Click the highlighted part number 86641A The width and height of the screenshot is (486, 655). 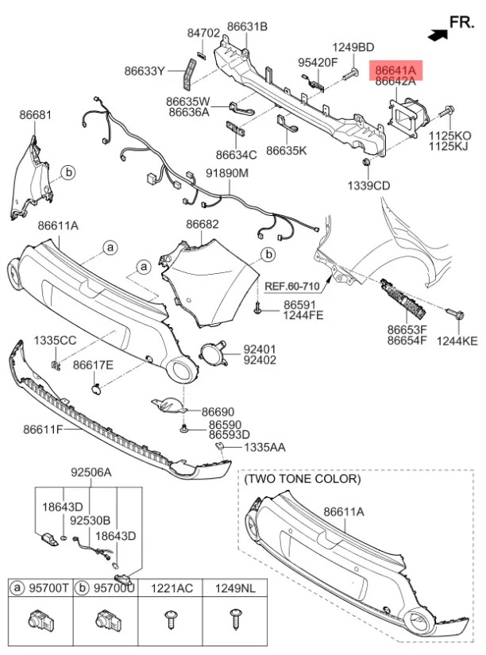395,70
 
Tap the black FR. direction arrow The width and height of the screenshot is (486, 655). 438,35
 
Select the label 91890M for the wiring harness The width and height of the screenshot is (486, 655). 227,172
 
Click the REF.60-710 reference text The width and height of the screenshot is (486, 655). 292,287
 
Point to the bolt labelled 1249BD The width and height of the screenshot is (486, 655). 350,75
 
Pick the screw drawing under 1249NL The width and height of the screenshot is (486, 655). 234,618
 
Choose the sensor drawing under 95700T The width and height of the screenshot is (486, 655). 40,619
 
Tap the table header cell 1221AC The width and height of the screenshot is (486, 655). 172,588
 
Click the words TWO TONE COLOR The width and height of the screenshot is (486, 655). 302,479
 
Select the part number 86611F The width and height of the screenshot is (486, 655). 43,429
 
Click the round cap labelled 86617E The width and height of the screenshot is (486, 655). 96,389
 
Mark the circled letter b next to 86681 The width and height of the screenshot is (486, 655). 68,172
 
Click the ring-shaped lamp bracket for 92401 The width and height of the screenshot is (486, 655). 213,353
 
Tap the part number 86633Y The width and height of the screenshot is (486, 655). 145,71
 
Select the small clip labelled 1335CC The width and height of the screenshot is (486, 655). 55,365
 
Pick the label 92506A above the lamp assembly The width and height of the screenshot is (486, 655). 91,472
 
